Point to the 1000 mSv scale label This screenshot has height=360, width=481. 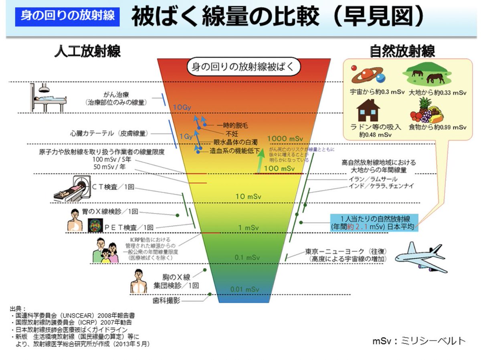click(285, 139)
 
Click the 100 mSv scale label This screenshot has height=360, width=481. click(279, 169)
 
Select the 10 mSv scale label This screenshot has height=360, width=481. click(248, 197)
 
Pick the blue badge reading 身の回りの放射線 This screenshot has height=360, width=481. click(67, 15)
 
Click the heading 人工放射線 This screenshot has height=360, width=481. click(87, 51)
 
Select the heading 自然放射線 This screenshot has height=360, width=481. click(402, 51)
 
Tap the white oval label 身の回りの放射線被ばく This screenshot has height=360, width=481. click(244, 66)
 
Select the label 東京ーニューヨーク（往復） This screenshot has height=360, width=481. click(346, 251)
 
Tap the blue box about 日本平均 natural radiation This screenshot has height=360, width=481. click(374, 222)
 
